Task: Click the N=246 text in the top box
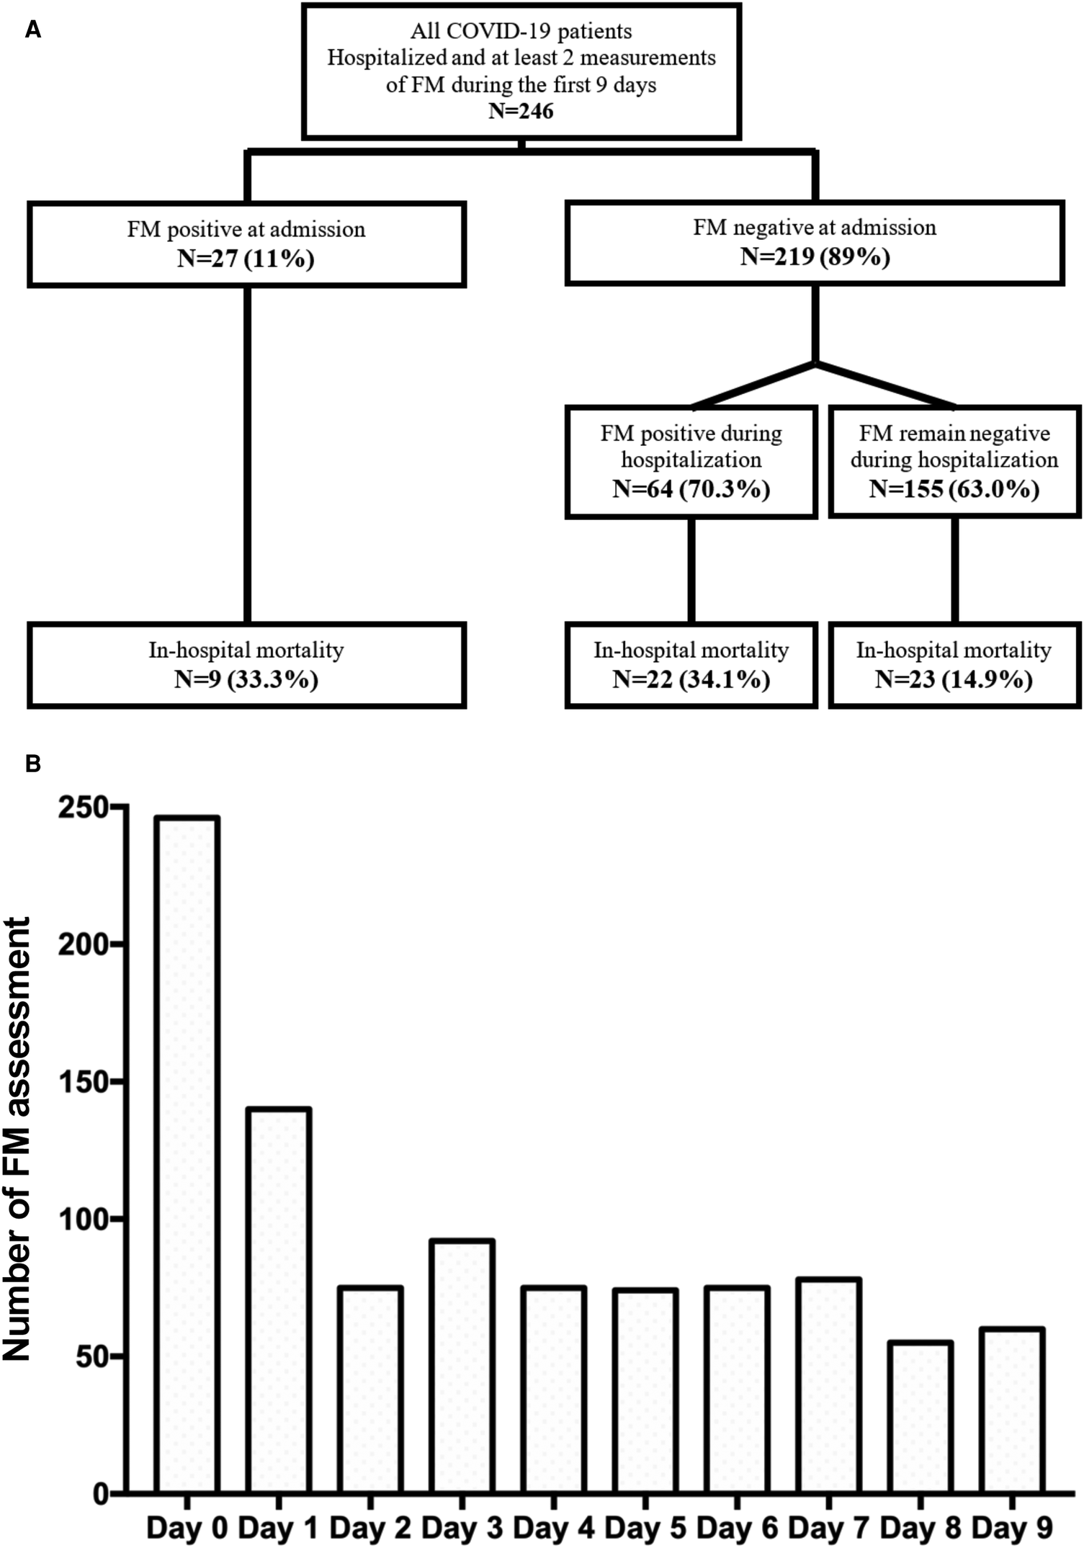521,111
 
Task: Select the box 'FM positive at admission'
246,244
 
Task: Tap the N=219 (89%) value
815,256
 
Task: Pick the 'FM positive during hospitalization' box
691,461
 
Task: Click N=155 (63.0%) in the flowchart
954,489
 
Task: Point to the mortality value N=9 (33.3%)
246,679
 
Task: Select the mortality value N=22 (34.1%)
691,679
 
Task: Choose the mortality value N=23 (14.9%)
954,679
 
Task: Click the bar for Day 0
187,1153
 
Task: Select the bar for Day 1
278,1297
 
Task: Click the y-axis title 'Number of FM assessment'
17,1138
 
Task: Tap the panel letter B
32,764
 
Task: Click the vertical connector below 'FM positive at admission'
247,454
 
